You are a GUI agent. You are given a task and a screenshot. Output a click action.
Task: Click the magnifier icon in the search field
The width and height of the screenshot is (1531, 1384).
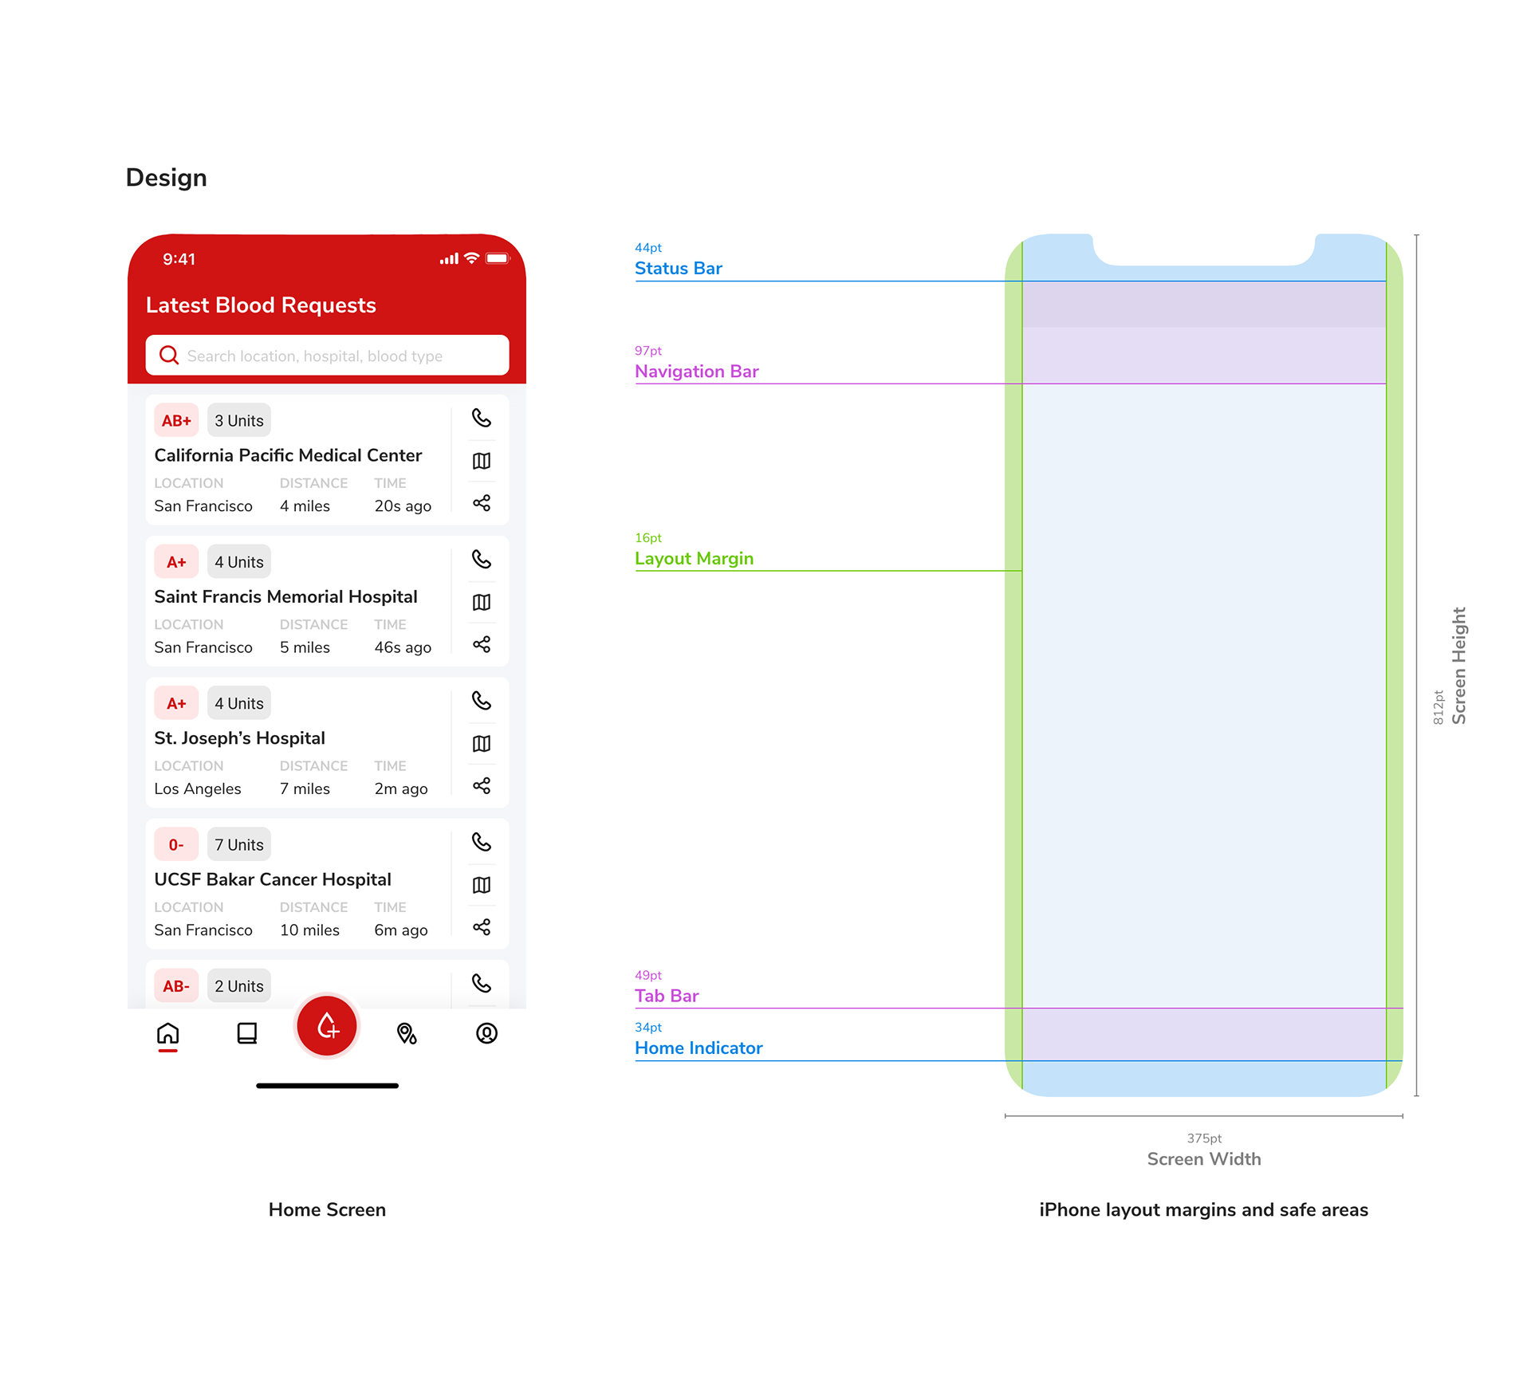(169, 355)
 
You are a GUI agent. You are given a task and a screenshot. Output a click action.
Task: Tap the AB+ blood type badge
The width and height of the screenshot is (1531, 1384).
(176, 421)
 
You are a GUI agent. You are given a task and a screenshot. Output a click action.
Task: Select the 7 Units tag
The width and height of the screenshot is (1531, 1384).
(239, 845)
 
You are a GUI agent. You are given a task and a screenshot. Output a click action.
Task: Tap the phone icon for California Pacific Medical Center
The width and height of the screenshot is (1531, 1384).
(482, 418)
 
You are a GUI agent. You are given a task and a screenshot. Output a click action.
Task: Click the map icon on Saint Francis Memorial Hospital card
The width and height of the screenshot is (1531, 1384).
(482, 602)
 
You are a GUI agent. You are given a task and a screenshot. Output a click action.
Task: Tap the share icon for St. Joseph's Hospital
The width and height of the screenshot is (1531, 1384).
(482, 786)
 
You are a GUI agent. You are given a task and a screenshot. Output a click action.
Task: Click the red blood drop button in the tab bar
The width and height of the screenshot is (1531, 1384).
(327, 1026)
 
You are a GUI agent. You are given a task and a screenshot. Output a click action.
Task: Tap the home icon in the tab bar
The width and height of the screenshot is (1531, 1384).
(168, 1034)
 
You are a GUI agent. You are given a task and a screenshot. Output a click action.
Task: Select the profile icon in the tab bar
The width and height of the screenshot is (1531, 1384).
(486, 1034)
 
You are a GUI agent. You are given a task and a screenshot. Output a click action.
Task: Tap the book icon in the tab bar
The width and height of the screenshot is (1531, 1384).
(247, 1034)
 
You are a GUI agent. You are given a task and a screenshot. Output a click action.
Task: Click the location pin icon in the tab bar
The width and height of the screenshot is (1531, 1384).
(407, 1034)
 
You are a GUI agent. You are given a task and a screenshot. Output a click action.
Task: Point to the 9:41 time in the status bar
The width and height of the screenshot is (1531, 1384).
(179, 259)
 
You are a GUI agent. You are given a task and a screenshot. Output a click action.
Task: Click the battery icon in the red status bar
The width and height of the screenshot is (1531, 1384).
(497, 258)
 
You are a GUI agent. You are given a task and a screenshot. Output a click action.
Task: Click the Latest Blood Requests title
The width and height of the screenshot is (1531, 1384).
(261, 305)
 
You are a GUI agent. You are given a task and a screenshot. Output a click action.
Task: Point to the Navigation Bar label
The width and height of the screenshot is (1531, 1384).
(697, 372)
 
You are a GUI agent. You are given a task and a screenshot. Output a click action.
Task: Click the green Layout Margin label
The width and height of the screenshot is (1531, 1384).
(694, 559)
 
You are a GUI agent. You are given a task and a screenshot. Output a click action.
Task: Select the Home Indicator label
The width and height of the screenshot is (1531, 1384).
(699, 1048)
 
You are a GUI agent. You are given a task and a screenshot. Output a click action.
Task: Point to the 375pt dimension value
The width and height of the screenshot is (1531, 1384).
(1204, 1138)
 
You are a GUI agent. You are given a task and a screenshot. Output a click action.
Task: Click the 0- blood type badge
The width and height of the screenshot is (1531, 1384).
(176, 845)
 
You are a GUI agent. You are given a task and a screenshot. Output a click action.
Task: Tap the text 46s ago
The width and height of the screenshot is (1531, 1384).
(403, 647)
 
